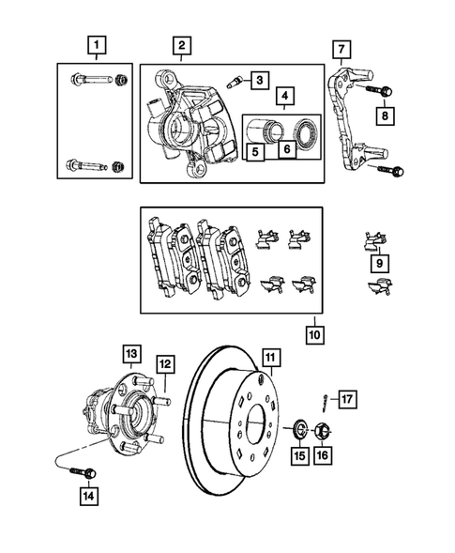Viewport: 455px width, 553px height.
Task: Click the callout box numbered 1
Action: tap(95, 43)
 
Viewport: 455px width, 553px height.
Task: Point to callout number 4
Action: tap(283, 94)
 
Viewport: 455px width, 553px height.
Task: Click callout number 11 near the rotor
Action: tap(271, 357)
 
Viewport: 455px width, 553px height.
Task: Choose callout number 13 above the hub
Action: tap(130, 353)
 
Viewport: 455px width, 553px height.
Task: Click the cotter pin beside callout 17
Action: tap(324, 406)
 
